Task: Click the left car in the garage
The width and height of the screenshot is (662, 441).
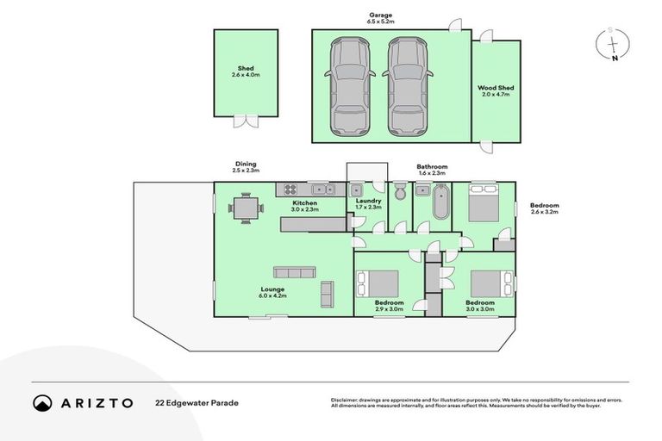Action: click(348, 88)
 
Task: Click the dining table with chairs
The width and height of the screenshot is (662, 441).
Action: click(245, 208)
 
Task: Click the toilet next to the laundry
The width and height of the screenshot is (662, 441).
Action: click(399, 192)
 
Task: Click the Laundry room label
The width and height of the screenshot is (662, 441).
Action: click(368, 202)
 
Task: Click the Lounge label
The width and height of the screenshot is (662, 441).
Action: click(272, 289)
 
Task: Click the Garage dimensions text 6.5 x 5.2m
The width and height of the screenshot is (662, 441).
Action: click(380, 22)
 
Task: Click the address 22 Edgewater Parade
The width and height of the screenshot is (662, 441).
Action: click(197, 402)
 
